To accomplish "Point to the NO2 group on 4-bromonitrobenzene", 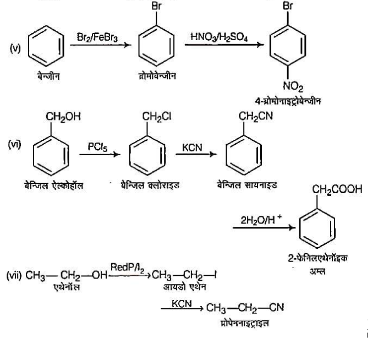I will click(x=290, y=86).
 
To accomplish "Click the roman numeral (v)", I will click(x=15, y=49).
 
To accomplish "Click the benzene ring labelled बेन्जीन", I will click(x=45, y=49).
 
